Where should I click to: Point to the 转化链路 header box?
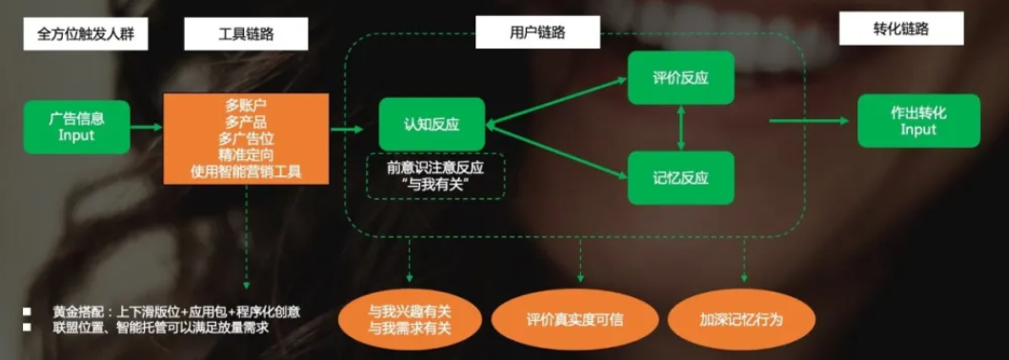point(898,30)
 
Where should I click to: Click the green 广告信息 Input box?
point(77,127)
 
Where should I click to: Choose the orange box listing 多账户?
point(247,138)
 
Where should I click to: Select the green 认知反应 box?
point(432,124)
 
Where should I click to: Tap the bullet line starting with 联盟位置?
point(152,328)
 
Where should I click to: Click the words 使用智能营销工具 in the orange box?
point(247,172)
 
